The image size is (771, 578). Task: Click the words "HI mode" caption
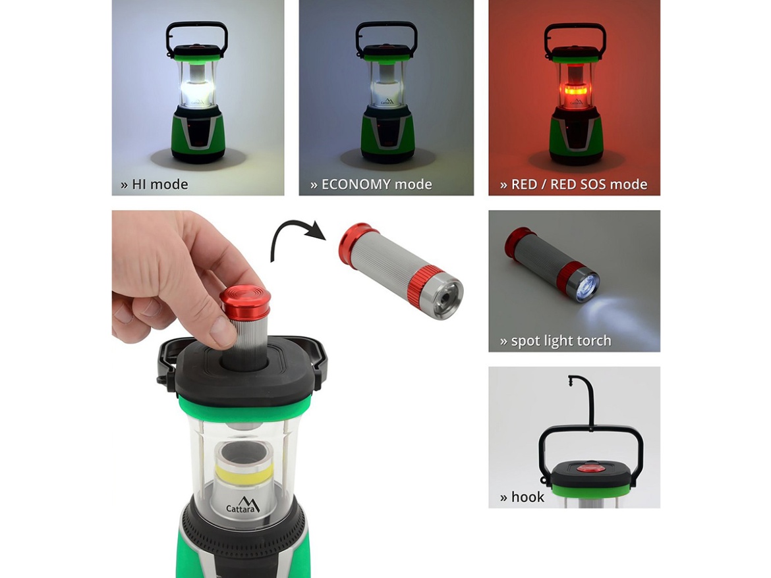160,184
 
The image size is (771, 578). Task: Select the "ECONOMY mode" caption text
377,184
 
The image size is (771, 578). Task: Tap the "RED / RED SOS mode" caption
579,184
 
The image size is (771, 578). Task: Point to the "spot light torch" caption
561,341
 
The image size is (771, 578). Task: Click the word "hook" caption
528,498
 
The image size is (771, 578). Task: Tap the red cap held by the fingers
245,302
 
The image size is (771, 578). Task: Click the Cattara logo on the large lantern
243,506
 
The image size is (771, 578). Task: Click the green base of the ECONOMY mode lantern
387,135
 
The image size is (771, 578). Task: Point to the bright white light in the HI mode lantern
197,92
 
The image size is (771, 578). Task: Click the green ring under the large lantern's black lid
244,407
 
